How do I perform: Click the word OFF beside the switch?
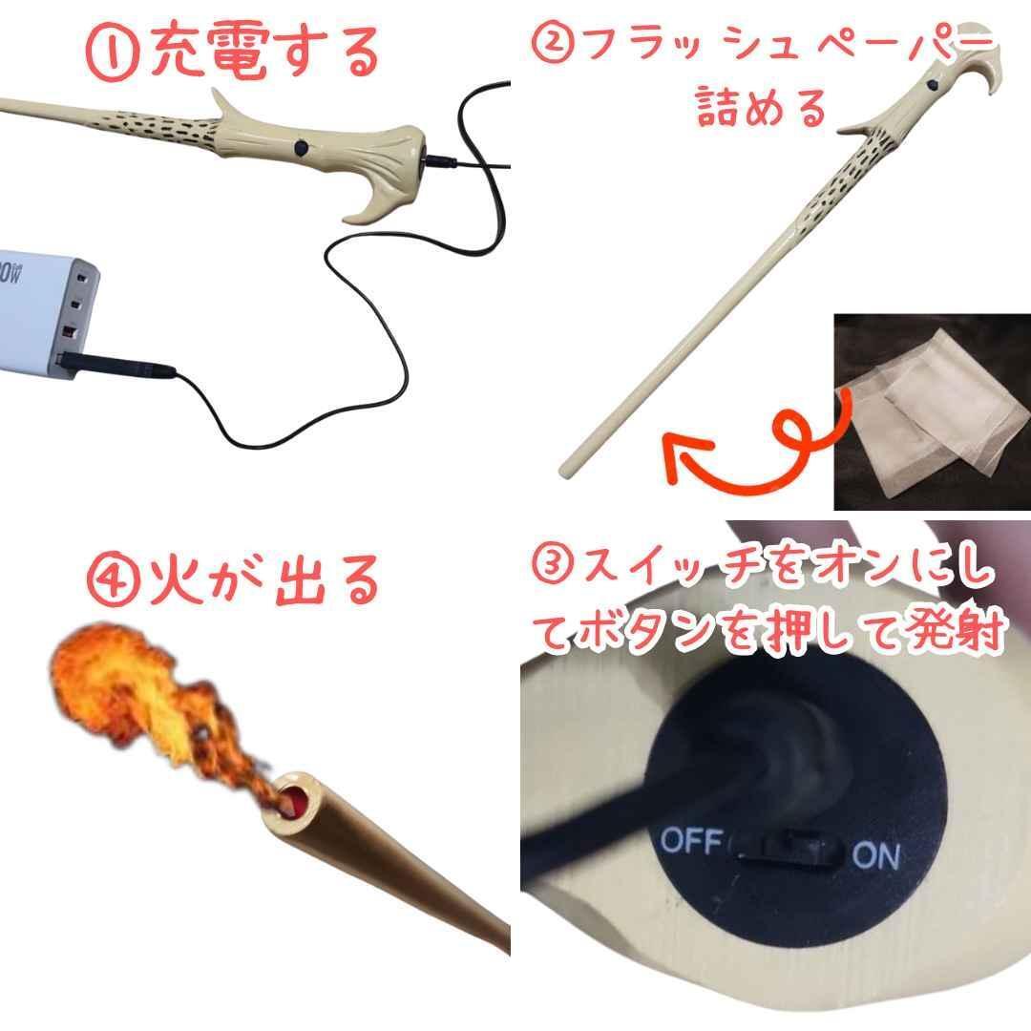tap(690, 842)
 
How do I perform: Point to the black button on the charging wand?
tap(302, 148)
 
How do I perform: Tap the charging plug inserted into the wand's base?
tap(438, 161)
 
